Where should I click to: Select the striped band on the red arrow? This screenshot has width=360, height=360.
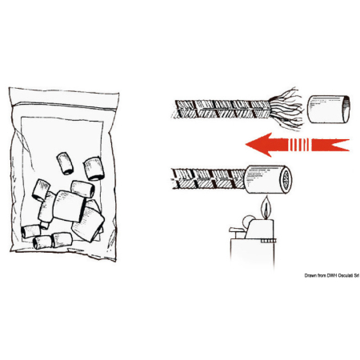299,145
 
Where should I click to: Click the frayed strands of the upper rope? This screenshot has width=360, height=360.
286,109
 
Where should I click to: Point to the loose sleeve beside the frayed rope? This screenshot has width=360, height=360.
329,109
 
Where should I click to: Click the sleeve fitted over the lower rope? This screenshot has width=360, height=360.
268,179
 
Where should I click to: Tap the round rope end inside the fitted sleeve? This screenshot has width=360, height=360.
286,179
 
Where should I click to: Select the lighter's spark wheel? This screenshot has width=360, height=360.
248,221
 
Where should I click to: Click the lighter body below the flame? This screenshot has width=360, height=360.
252,250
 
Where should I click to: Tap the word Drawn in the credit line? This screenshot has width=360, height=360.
310,275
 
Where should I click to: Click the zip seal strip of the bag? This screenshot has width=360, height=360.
64,105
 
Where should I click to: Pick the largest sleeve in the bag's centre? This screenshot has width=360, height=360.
69,206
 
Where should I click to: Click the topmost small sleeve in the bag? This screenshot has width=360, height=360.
65,163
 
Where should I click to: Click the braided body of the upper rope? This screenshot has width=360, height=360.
221,109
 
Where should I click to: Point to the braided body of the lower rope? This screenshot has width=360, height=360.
209,178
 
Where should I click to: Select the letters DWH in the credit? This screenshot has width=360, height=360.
332,275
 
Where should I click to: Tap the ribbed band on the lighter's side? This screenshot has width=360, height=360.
268,241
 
